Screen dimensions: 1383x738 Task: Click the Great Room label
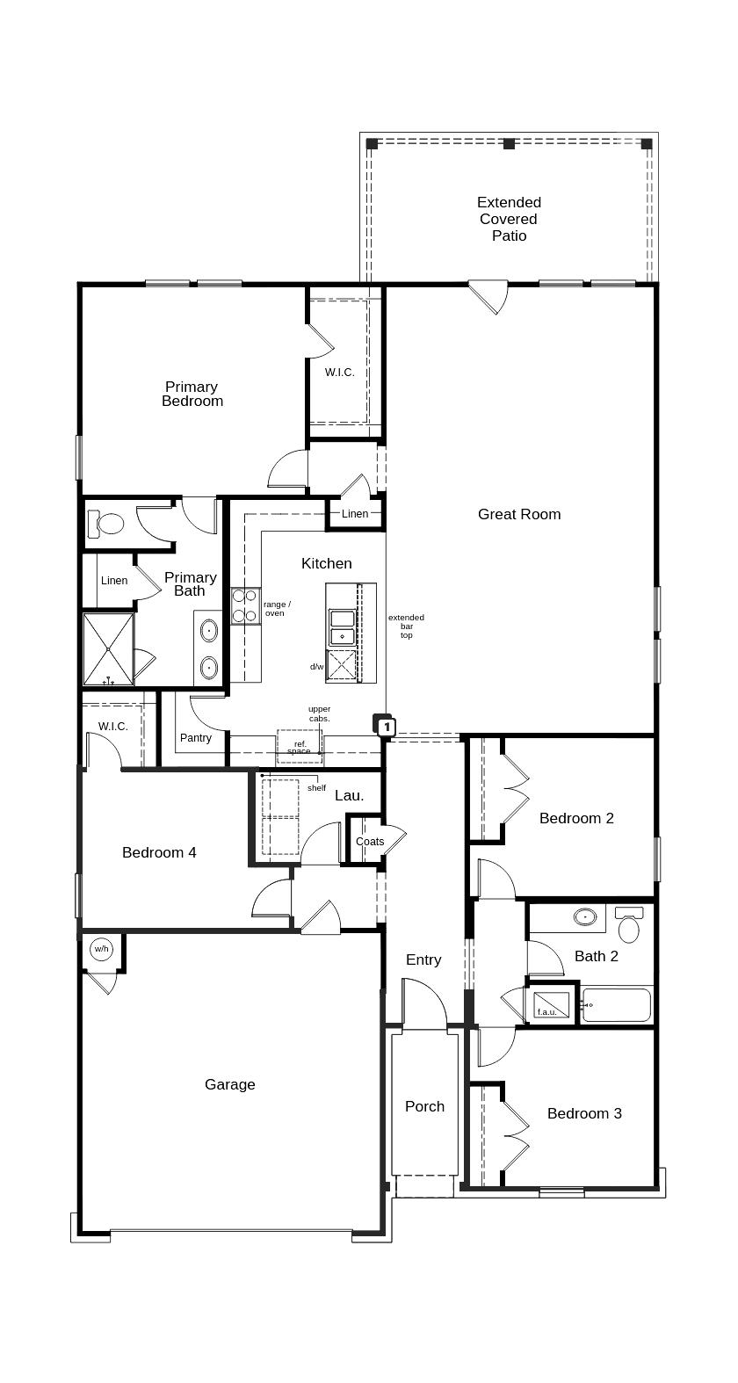(x=518, y=514)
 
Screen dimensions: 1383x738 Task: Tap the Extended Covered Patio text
(x=509, y=219)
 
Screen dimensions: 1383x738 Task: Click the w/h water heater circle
(x=101, y=949)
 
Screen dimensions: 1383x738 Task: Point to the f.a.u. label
(x=546, y=1011)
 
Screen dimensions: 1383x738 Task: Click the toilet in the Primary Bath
(x=109, y=525)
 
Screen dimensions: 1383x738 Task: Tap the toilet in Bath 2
(x=629, y=926)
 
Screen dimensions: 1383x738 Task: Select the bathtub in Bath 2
(x=616, y=1004)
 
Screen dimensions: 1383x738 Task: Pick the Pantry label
(x=195, y=737)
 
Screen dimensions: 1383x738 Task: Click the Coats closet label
(x=370, y=841)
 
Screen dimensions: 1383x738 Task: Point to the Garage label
(x=230, y=1084)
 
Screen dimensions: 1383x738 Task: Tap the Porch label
(x=424, y=1106)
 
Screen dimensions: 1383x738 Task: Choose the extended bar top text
(x=406, y=626)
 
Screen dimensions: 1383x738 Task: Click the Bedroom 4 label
(x=159, y=852)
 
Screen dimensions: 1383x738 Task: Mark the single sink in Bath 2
(x=586, y=917)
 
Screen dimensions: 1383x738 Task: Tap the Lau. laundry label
(x=349, y=795)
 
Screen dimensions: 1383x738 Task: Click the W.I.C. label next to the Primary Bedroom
(x=339, y=372)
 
